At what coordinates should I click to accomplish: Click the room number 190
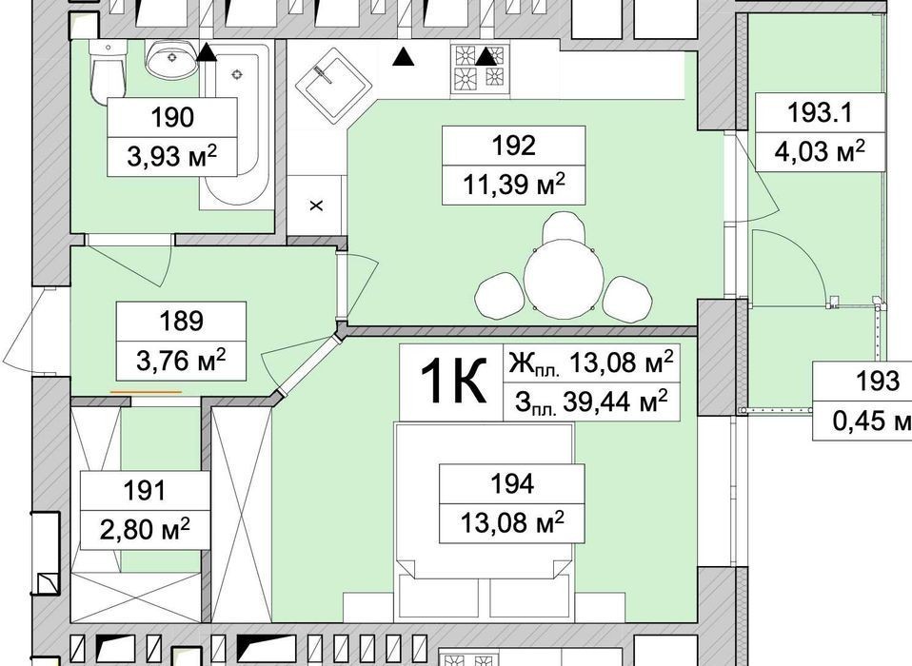[172, 117]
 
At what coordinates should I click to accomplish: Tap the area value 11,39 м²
[513, 186]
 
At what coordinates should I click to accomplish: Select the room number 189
[181, 321]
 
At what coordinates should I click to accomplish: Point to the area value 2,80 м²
[145, 529]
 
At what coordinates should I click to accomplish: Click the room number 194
[512, 483]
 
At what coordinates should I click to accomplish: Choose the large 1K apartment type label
[452, 382]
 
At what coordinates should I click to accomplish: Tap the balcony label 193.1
[820, 112]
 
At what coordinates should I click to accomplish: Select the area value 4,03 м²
[820, 151]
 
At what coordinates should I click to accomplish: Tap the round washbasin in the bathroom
[171, 60]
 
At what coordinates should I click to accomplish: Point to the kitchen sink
[333, 86]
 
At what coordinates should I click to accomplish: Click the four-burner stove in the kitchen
[479, 69]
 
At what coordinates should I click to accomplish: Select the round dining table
[564, 280]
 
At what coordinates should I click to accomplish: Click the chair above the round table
[563, 227]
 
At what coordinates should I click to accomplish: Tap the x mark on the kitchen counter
[316, 206]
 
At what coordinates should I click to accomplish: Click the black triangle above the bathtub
[206, 53]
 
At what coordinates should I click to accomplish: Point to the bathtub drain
[236, 74]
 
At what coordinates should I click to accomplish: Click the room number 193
[877, 382]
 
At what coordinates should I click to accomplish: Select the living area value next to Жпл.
[622, 363]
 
